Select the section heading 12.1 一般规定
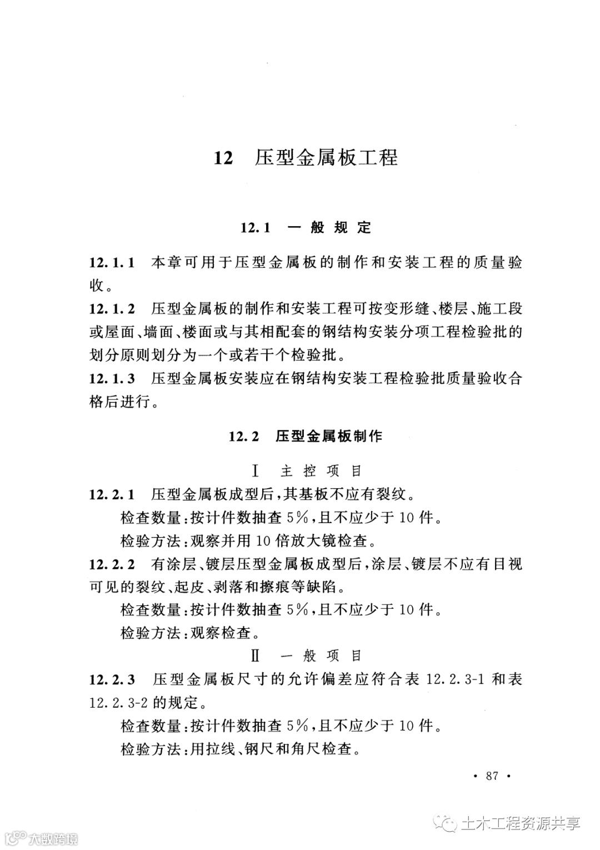pyautogui.click(x=306, y=227)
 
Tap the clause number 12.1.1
pyautogui.click(x=112, y=263)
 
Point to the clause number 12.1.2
pyautogui.click(x=112, y=309)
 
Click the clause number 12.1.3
pyautogui.click(x=112, y=379)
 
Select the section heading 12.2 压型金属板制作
pyautogui.click(x=306, y=436)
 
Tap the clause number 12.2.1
pyautogui.click(x=112, y=494)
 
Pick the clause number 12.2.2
pyautogui.click(x=112, y=564)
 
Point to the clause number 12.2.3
pyautogui.click(x=112, y=679)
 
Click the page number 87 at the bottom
pyautogui.click(x=492, y=776)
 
